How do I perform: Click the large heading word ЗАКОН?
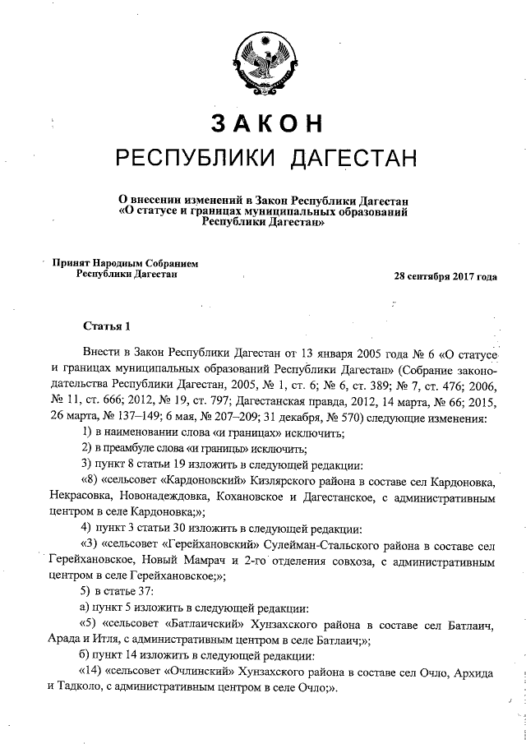[x=265, y=122]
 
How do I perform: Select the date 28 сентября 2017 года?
[x=446, y=277]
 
